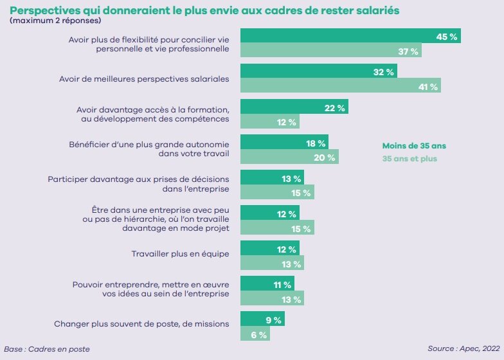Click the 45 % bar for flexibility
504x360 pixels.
click(x=350, y=35)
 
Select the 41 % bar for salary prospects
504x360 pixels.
click(x=341, y=85)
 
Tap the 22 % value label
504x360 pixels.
click(x=334, y=108)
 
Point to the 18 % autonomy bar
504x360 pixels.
click(x=284, y=141)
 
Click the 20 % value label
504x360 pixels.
click(x=324, y=158)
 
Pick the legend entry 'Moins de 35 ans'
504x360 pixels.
click(x=414, y=146)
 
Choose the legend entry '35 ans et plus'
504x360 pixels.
click(x=410, y=159)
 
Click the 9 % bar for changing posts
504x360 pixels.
click(x=262, y=319)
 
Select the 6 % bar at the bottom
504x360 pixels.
click(x=255, y=333)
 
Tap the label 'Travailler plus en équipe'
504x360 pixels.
click(x=180, y=254)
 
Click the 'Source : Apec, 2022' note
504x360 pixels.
click(x=464, y=348)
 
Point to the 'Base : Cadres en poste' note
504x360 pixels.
click(x=47, y=349)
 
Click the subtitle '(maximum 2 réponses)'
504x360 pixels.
click(x=55, y=21)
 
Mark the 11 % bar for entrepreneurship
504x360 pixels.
click(x=267, y=283)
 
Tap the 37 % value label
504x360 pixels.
click(x=408, y=51)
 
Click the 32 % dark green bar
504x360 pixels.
click(x=319, y=71)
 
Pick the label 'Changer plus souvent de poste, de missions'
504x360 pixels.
click(x=141, y=324)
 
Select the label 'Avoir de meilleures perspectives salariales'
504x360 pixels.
click(x=144, y=79)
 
